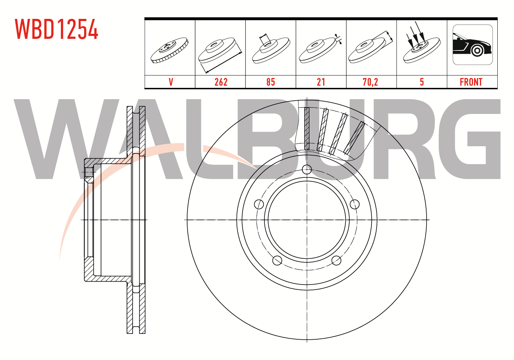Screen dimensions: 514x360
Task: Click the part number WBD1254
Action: click(57, 29)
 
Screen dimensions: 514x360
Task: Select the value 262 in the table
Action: click(221, 82)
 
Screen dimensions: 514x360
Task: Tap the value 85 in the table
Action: click(271, 82)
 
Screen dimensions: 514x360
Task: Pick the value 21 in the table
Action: click(321, 82)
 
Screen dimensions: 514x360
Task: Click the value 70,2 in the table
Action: click(370, 82)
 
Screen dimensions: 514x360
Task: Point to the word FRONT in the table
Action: click(471, 82)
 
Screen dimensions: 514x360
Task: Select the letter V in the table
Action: click(171, 82)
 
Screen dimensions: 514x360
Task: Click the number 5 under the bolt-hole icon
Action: click(422, 82)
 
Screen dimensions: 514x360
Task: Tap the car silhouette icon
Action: click(473, 45)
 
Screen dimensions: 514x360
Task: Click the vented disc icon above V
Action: click(169, 50)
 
